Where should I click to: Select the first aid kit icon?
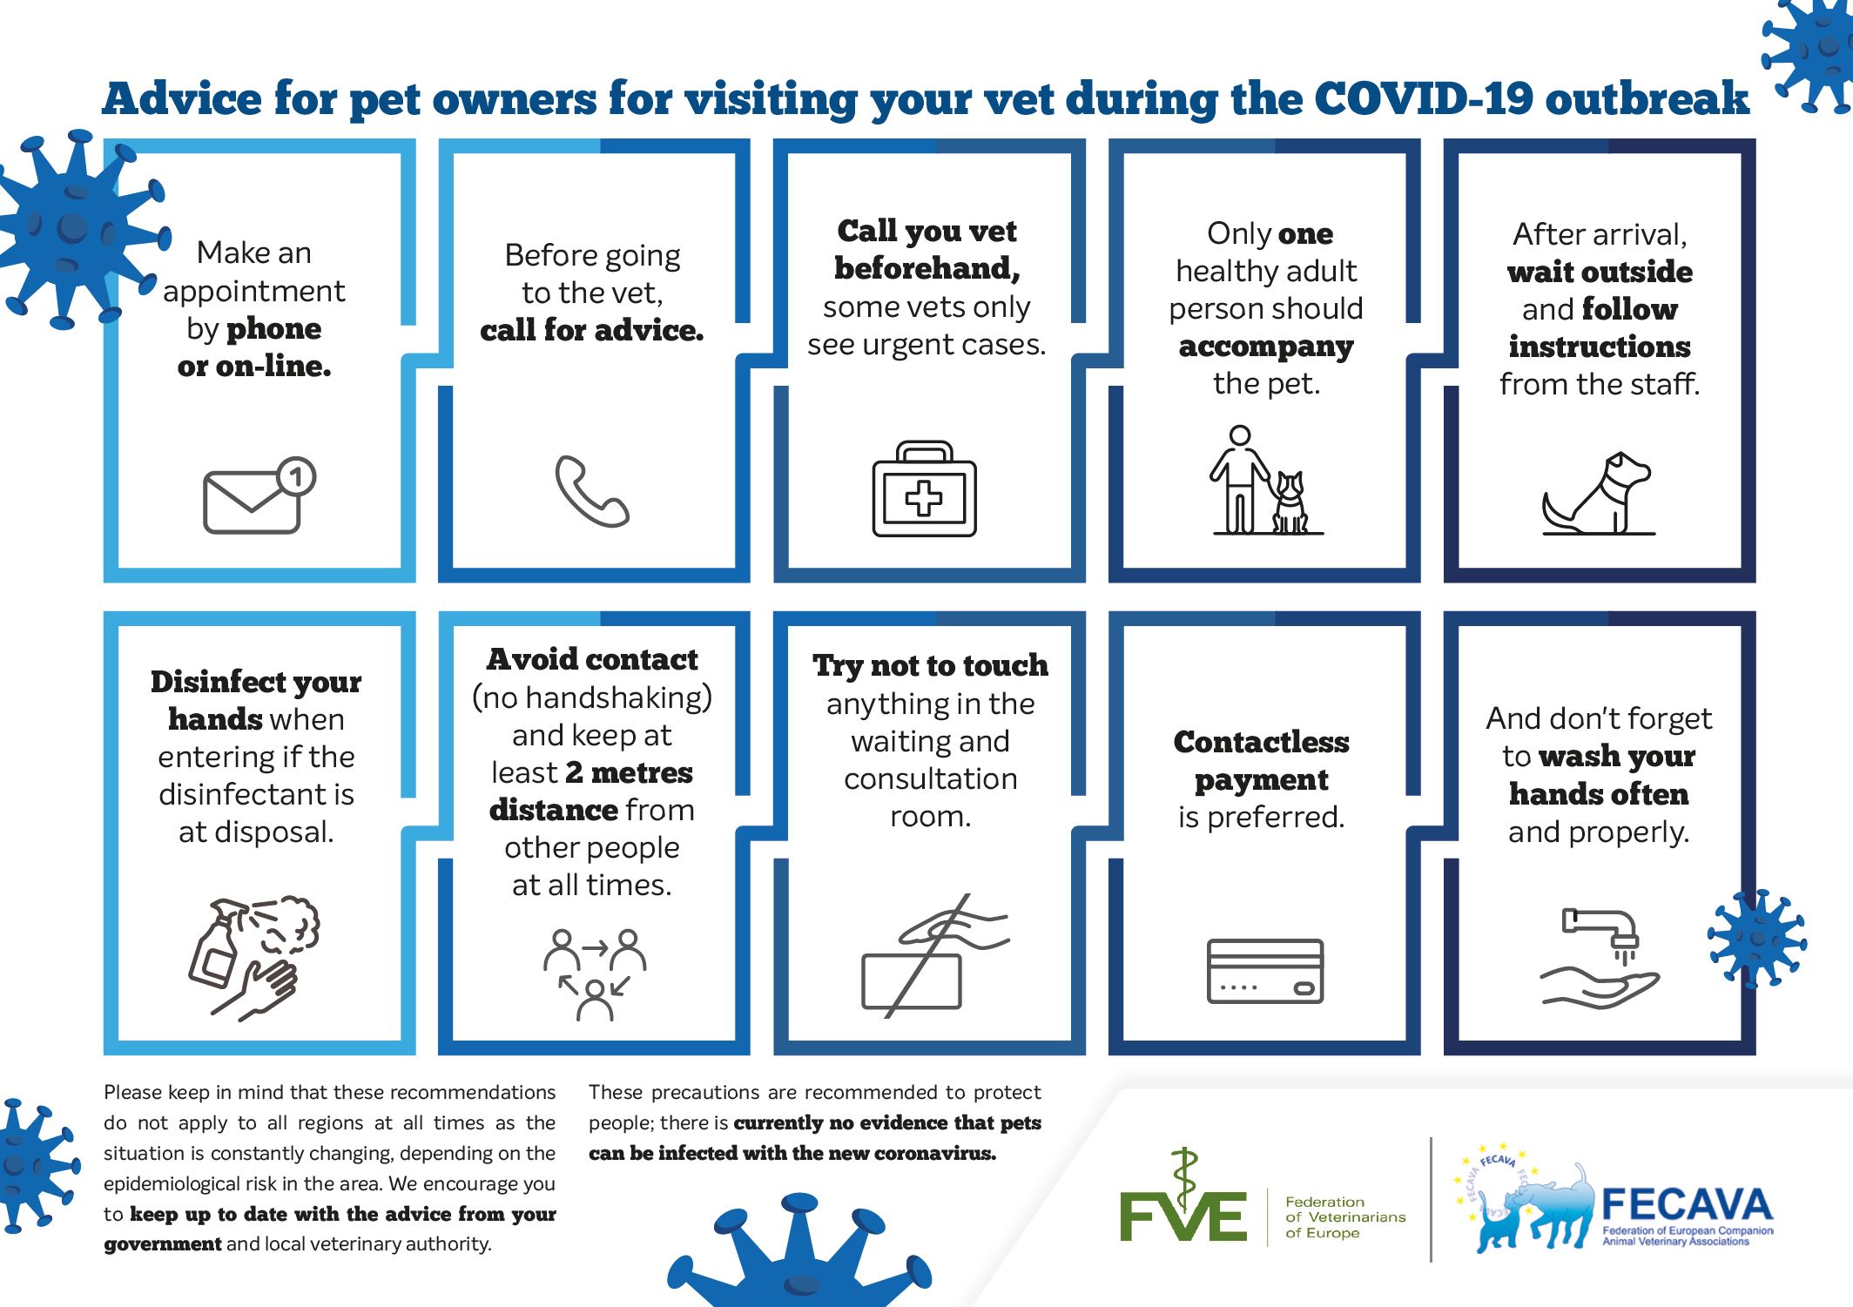click(924, 488)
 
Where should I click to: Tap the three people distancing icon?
click(595, 974)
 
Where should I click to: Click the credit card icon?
click(1265, 971)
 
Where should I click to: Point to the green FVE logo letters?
click(1183, 1214)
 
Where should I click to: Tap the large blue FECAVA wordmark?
click(1687, 1205)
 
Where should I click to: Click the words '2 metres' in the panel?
click(629, 772)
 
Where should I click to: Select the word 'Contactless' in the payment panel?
click(1262, 742)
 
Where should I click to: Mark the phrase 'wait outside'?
click(1600, 272)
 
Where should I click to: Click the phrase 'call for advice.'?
click(592, 330)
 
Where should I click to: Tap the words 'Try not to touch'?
click(930, 665)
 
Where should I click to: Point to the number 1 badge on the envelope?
click(297, 476)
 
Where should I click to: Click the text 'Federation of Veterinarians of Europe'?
click(1345, 1216)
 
